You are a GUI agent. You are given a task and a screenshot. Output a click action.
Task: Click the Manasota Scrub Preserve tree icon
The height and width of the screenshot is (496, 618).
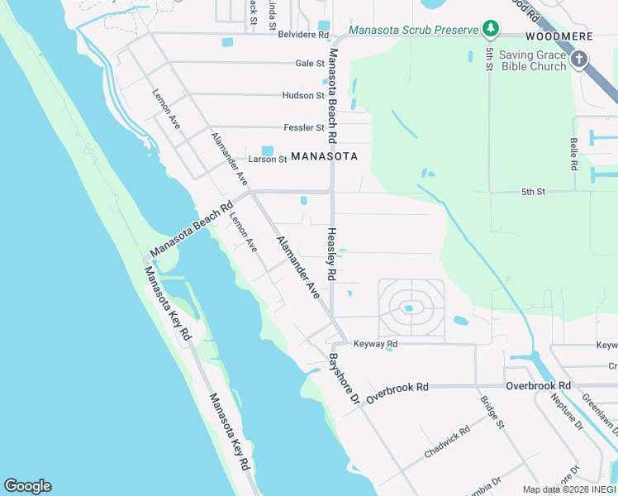pos(492,30)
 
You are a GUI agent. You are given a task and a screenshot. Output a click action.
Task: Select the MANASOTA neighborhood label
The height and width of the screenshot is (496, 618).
pos(325,156)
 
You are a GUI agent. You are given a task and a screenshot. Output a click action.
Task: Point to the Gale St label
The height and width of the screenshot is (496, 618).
pos(310,63)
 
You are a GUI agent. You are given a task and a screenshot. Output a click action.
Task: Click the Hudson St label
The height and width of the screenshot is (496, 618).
pos(303,96)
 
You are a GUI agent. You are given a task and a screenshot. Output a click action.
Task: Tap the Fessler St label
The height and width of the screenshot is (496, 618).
pos(304,128)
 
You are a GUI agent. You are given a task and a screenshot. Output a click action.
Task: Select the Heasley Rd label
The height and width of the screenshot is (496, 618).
pos(331,254)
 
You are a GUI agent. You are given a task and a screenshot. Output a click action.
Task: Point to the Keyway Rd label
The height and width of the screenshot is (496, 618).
pos(375,344)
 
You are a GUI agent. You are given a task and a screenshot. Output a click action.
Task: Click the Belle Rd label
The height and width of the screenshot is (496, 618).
pos(573,155)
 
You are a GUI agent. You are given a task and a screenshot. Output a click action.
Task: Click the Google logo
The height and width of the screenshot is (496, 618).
pos(27,486)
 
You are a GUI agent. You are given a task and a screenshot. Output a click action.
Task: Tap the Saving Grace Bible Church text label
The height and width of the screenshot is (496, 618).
pos(533,60)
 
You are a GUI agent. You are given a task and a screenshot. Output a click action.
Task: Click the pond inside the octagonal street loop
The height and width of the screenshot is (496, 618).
pos(408,309)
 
